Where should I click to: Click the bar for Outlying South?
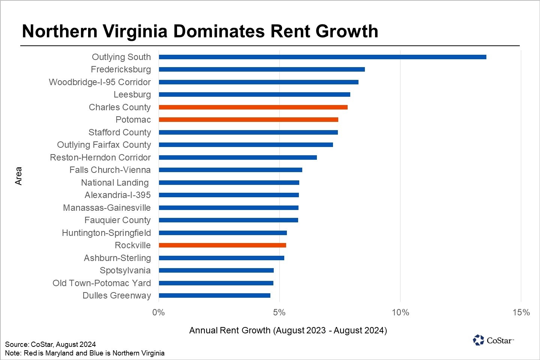[x=322, y=57]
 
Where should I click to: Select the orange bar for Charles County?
[x=253, y=107]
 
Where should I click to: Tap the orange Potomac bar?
[x=248, y=120]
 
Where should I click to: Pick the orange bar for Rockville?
[x=222, y=245]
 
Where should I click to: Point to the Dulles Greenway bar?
[x=214, y=295]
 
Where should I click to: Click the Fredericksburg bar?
[x=262, y=69]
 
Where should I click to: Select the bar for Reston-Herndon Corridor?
[x=238, y=157]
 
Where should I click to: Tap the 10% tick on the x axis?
[x=400, y=312]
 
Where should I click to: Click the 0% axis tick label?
[x=159, y=312]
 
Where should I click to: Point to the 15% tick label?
[x=521, y=312]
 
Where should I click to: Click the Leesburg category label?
[x=132, y=94]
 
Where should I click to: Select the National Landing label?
[x=115, y=183]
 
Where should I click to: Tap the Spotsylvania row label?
[x=125, y=270]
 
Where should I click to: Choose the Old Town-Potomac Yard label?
[x=102, y=283]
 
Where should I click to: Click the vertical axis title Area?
[x=18, y=176]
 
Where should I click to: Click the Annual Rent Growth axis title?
[x=288, y=330]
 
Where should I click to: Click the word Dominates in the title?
[x=219, y=31]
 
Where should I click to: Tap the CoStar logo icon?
[x=478, y=340]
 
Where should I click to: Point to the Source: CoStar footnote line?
[x=50, y=344]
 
